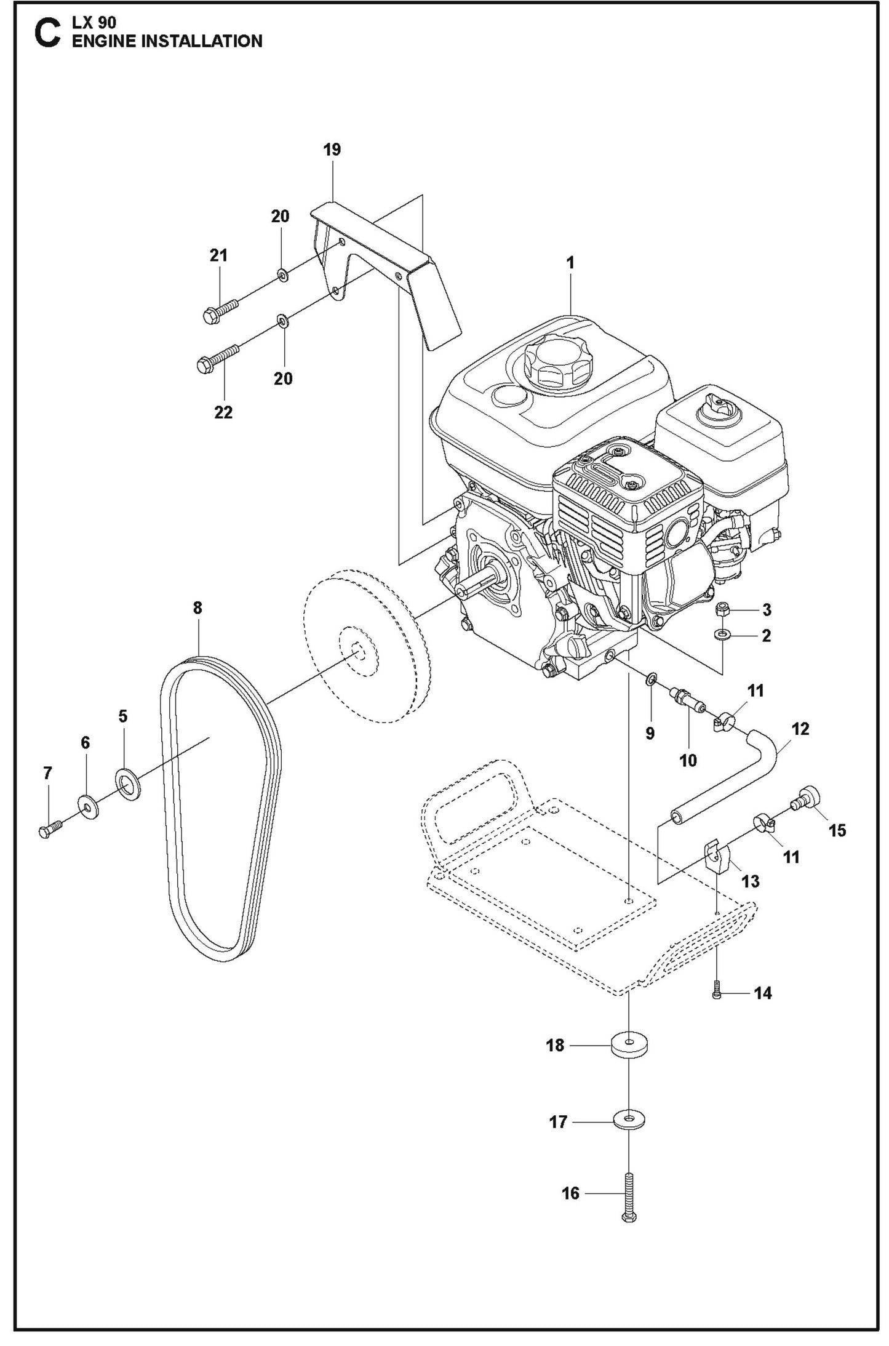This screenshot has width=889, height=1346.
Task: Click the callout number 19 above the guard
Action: coord(332,150)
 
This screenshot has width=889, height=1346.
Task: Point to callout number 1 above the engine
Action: coord(570,263)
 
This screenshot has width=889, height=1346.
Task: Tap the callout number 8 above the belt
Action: coord(197,608)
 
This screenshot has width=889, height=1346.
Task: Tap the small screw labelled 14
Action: coord(716,993)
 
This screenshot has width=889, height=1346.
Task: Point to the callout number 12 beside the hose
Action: coord(800,729)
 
